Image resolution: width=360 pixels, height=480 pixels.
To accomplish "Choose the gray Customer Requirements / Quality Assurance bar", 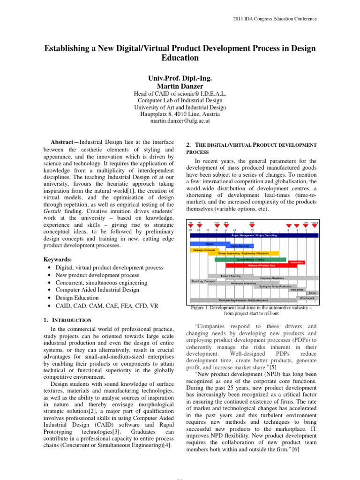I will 244,300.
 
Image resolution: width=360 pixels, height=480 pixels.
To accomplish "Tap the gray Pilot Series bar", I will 296,290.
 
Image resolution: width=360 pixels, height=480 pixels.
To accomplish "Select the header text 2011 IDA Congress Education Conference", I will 275,19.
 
